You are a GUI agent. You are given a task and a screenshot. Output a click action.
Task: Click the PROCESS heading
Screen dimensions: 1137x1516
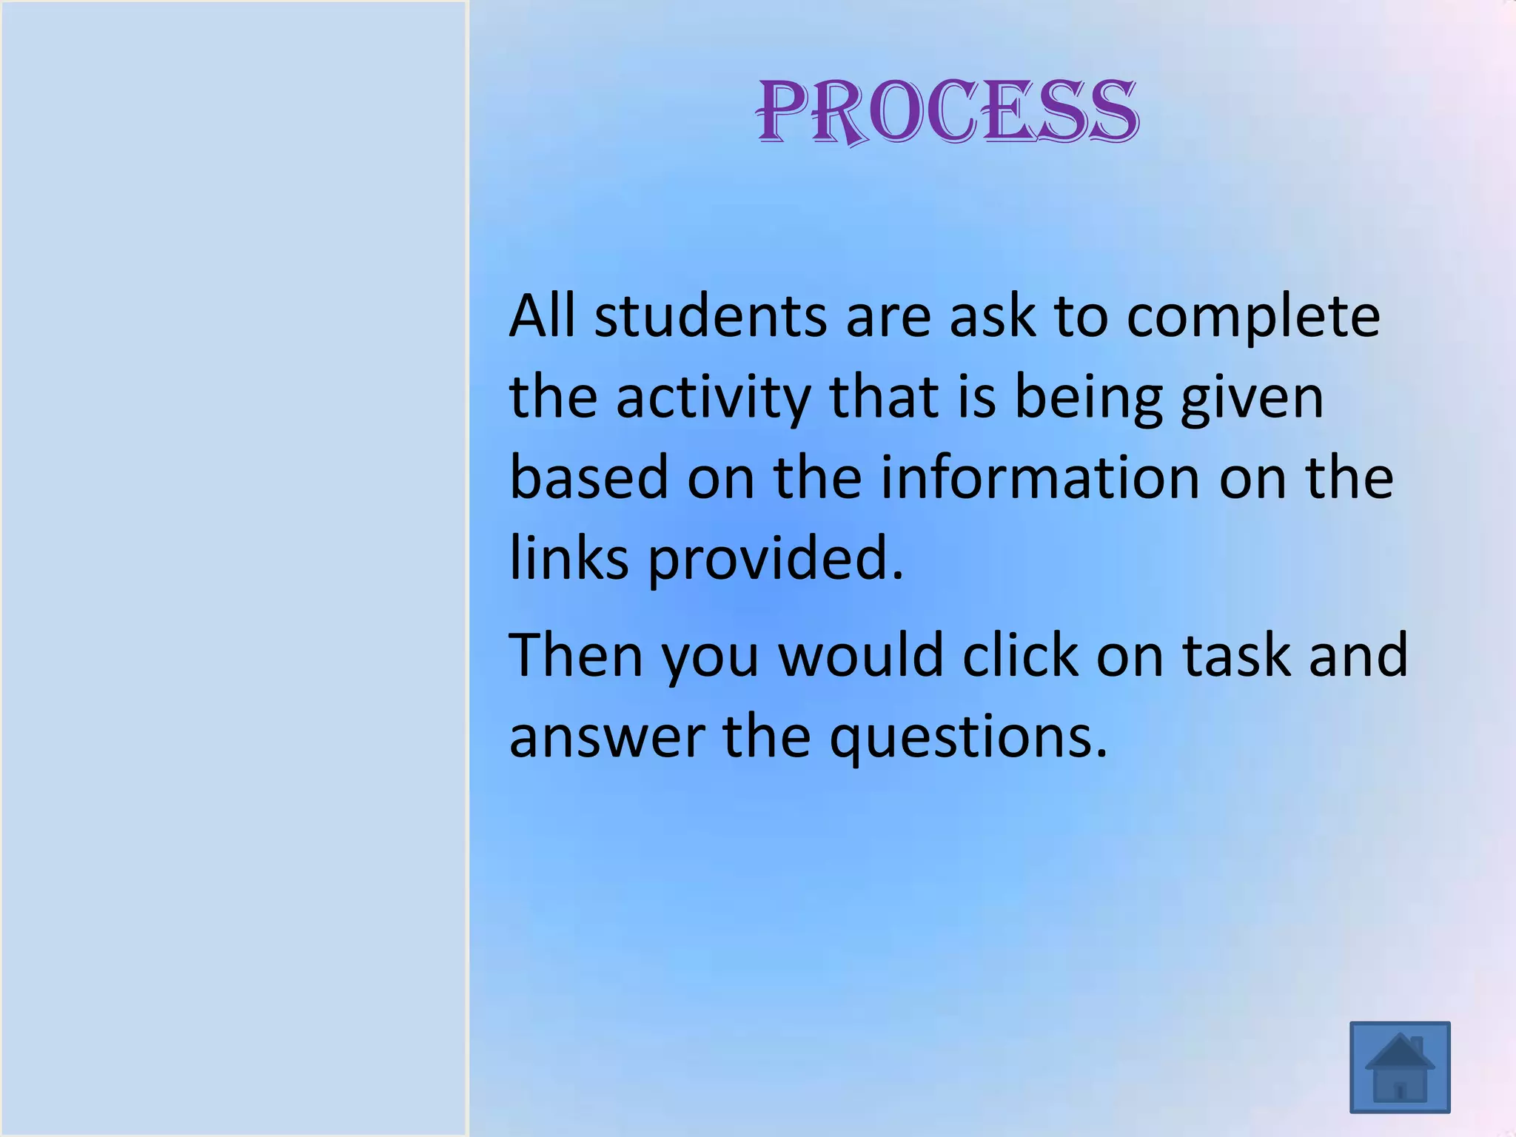(x=947, y=112)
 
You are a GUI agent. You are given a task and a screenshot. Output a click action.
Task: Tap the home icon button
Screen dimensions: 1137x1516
(x=1399, y=1067)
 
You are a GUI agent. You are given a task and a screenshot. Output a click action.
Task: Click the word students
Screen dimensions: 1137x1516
(x=710, y=316)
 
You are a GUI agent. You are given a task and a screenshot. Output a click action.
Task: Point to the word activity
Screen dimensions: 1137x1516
(x=713, y=398)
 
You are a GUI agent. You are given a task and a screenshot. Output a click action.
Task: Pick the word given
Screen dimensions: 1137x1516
(x=1252, y=398)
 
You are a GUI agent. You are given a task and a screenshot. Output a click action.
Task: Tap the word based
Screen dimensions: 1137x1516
(x=589, y=477)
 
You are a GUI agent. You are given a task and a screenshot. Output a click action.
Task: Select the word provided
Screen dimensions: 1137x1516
(x=776, y=559)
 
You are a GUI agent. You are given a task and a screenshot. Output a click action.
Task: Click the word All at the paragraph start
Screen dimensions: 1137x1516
(x=542, y=316)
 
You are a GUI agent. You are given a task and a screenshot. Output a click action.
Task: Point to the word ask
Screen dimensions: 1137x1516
(x=992, y=316)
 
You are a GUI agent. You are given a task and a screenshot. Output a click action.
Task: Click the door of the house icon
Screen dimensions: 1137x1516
(x=1399, y=1090)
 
